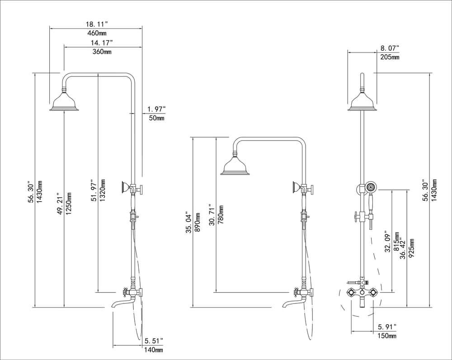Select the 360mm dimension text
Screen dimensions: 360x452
(102, 52)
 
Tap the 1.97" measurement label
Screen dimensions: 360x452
(156, 109)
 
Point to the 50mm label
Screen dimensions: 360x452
(156, 118)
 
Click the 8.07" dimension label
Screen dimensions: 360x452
(390, 48)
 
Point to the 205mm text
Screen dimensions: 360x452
(390, 57)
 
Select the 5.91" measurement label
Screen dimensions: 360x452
(387, 326)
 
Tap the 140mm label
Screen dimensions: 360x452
(154, 350)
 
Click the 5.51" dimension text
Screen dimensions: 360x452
(154, 341)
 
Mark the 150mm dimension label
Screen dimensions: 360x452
(387, 335)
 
